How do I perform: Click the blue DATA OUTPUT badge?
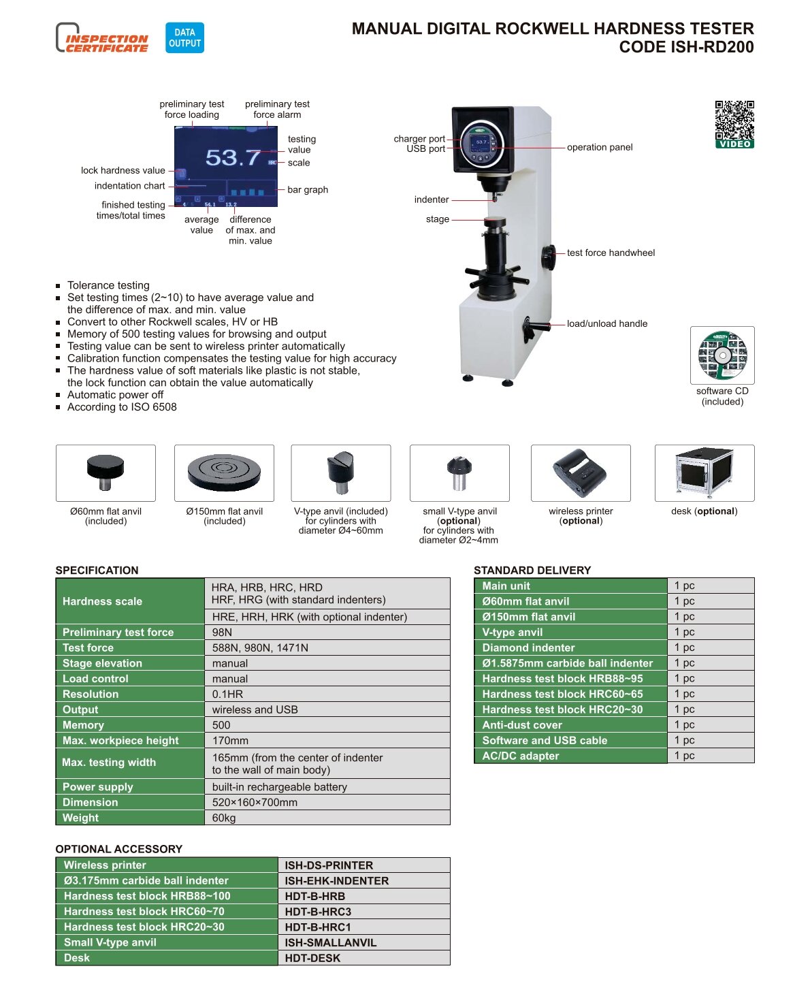[184, 37]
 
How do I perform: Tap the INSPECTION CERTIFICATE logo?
[102, 37]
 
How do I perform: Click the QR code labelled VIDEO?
[734, 124]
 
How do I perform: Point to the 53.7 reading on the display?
[232, 157]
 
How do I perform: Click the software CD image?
[722, 355]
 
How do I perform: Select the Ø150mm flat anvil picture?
[224, 473]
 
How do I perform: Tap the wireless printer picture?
[581, 473]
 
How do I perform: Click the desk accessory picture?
[704, 473]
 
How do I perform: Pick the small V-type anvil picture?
[459, 473]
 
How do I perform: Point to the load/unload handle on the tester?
[535, 328]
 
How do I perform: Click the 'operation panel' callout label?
[599, 147]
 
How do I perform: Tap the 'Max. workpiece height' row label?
[120, 740]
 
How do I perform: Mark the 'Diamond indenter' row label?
[528, 647]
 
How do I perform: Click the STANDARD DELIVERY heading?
[532, 570]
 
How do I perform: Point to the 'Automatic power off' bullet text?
[115, 395]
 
